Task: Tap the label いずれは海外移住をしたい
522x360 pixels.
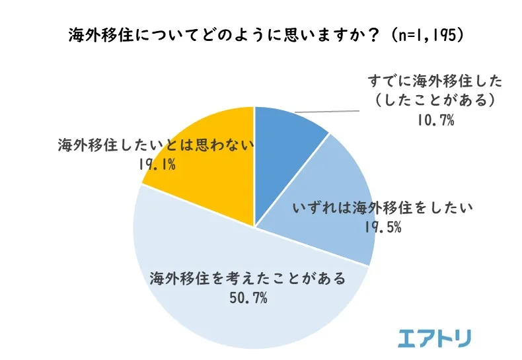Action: point(383,209)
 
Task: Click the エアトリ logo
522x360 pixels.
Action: point(435,338)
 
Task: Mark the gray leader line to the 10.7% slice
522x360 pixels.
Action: point(330,108)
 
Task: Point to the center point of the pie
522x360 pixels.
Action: point(255,228)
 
